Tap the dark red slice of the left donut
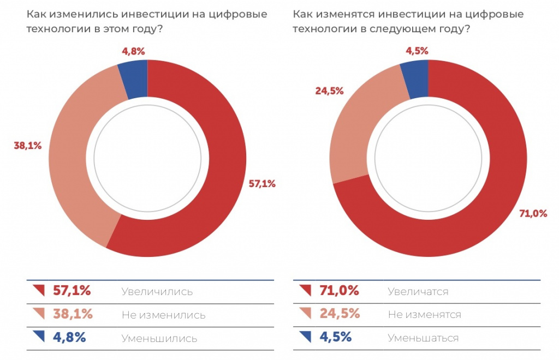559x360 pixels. (218, 180)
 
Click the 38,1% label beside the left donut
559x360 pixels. (27, 146)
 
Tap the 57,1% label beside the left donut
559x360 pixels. (262, 184)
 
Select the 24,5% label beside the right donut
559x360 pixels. (329, 91)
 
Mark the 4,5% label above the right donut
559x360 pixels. (417, 51)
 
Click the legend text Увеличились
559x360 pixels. (157, 292)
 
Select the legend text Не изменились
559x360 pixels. (163, 315)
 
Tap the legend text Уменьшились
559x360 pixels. (159, 338)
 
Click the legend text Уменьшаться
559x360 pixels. (423, 338)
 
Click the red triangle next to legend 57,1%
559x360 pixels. (39, 290)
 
